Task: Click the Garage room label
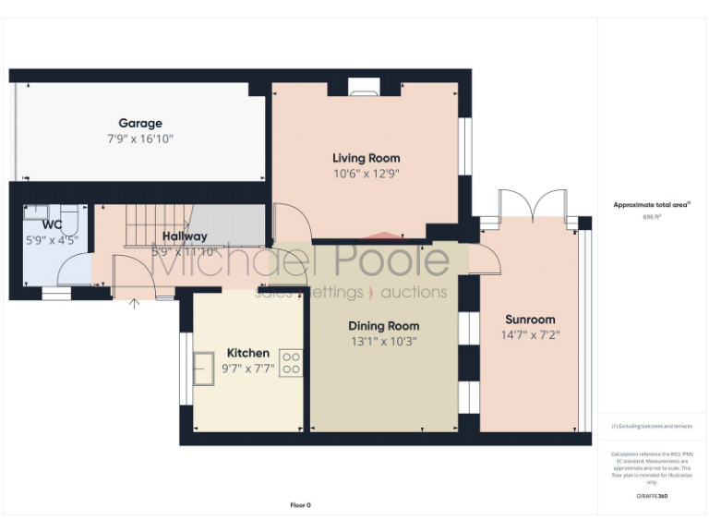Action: [x=140, y=123]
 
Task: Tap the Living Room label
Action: [x=367, y=158]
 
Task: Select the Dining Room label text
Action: [x=383, y=326]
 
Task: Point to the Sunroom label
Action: [x=530, y=320]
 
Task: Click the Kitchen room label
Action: [x=248, y=353]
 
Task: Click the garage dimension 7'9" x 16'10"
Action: [x=140, y=139]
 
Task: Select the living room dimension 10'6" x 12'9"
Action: [x=367, y=173]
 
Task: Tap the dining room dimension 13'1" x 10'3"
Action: [x=383, y=341]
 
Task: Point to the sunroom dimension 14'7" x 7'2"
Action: [x=530, y=334]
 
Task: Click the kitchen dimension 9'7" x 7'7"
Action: [x=248, y=368]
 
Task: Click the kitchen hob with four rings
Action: [x=291, y=361]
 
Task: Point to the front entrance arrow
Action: [x=135, y=302]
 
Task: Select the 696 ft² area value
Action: [x=652, y=216]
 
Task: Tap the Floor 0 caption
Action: [x=301, y=505]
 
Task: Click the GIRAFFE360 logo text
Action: [x=652, y=497]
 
